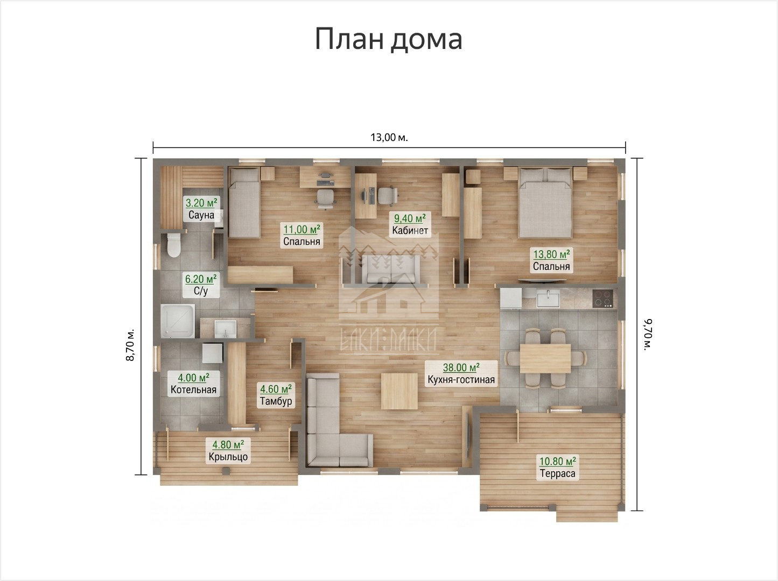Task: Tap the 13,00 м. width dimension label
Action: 389,137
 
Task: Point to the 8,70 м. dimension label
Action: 130,345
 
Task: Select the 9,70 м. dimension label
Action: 648,335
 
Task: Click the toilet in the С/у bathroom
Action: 174,245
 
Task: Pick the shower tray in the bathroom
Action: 178,321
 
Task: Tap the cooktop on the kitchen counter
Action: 603,299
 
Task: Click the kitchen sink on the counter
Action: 548,299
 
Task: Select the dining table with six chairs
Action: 545,358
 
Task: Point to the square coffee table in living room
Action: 399,391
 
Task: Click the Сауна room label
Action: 201,215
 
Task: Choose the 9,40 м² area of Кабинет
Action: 410,218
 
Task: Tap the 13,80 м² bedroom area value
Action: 552,254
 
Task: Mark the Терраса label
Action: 558,473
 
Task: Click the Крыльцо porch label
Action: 228,457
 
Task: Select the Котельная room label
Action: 193,390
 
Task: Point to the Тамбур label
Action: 276,401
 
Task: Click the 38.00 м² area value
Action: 461,367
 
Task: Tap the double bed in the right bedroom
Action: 545,202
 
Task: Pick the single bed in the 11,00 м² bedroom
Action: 244,202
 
